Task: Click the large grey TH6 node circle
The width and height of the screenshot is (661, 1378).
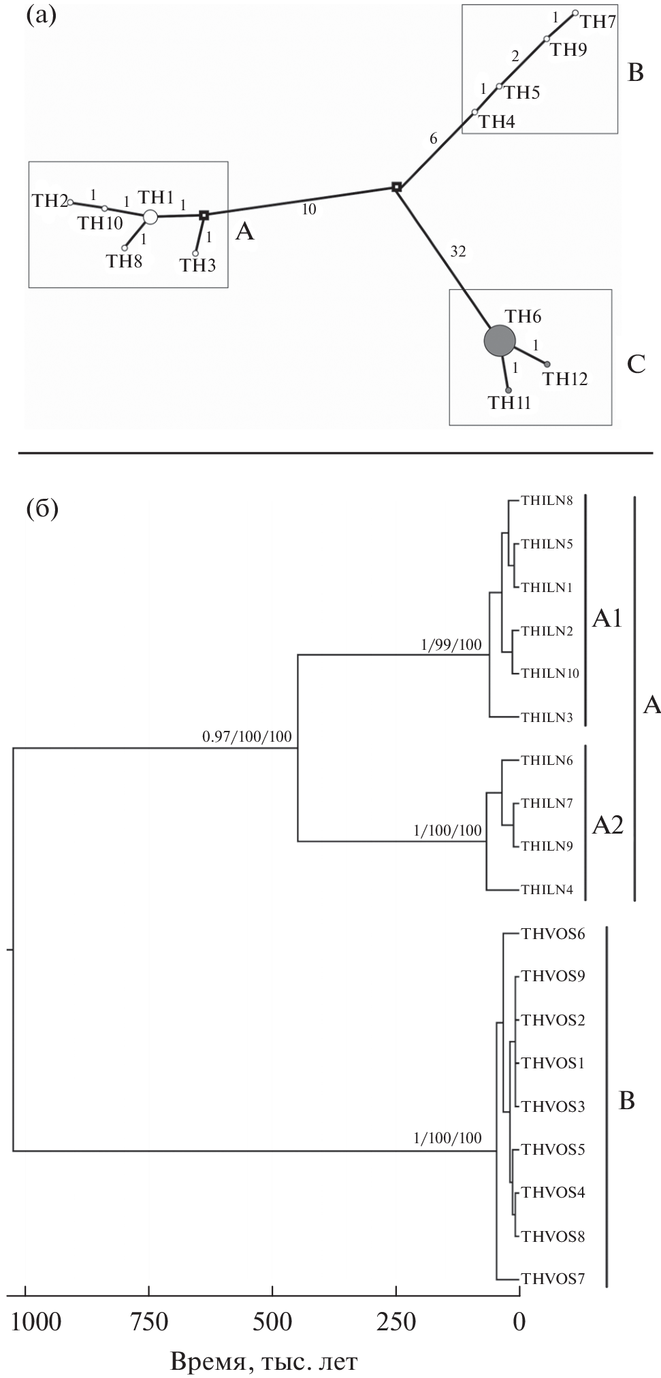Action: pyautogui.click(x=499, y=340)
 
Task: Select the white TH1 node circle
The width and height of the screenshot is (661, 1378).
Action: pyautogui.click(x=150, y=217)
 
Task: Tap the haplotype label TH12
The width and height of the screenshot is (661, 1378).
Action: pyautogui.click(x=564, y=379)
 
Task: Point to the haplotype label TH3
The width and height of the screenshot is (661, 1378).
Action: pyautogui.click(x=197, y=265)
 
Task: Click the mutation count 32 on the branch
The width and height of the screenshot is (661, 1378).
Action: pyautogui.click(x=458, y=252)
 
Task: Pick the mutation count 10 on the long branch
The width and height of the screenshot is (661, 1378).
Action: pyautogui.click(x=309, y=210)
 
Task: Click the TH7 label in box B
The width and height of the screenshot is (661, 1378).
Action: pyautogui.click(x=598, y=22)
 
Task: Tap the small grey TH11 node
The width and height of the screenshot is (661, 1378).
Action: pyautogui.click(x=508, y=390)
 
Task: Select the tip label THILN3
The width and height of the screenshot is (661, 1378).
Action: pyautogui.click(x=547, y=717)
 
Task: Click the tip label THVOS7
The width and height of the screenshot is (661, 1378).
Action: pyautogui.click(x=553, y=1279)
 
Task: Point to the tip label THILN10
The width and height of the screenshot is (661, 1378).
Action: pyautogui.click(x=549, y=674)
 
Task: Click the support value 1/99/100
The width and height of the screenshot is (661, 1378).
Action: pyautogui.click(x=451, y=644)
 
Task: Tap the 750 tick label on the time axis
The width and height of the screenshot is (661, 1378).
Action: pyautogui.click(x=149, y=1322)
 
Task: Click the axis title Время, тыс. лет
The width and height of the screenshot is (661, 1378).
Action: pyautogui.click(x=263, y=1362)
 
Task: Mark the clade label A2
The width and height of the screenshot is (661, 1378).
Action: pyautogui.click(x=608, y=825)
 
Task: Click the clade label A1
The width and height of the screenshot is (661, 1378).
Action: pyautogui.click(x=608, y=619)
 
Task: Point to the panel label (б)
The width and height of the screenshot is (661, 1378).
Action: pyautogui.click(x=42, y=508)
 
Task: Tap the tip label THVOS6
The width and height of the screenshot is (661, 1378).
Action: pyautogui.click(x=553, y=934)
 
